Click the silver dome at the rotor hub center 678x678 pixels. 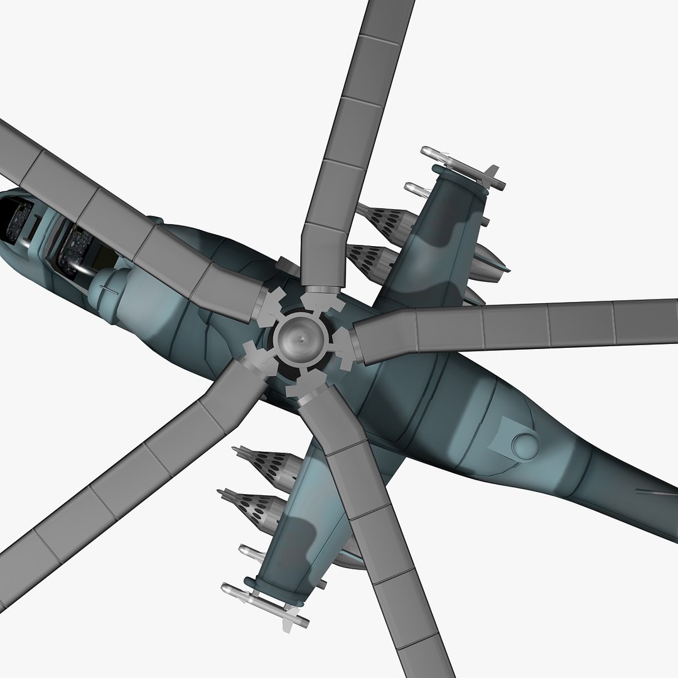click(x=303, y=339)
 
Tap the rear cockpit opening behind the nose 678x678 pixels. click(x=78, y=248)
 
